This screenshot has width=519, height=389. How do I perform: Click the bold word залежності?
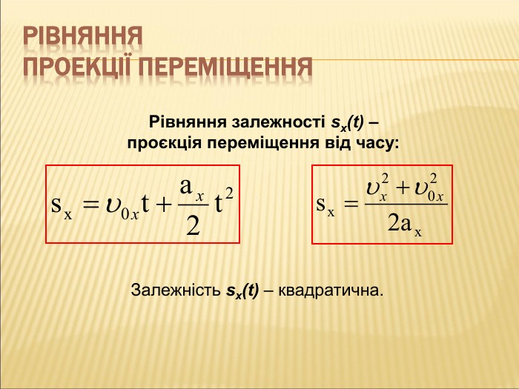279,122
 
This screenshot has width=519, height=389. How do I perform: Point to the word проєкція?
164,144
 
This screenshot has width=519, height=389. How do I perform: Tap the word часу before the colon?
374,144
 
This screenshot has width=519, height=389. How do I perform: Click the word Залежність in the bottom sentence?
176,290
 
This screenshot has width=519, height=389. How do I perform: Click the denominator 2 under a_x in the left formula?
193,225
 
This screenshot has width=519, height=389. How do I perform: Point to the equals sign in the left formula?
90,205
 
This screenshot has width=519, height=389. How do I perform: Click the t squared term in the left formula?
223,200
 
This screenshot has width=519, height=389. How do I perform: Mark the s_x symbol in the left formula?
62,207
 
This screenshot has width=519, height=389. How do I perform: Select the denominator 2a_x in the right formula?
405,225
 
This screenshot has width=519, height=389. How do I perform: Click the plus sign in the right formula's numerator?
402,188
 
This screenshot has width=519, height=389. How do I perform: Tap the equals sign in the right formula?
351,204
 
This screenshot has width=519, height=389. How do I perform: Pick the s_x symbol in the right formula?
325,207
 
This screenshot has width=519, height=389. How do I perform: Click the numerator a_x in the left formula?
191,188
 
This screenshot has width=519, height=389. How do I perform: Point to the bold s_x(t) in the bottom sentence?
242,291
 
